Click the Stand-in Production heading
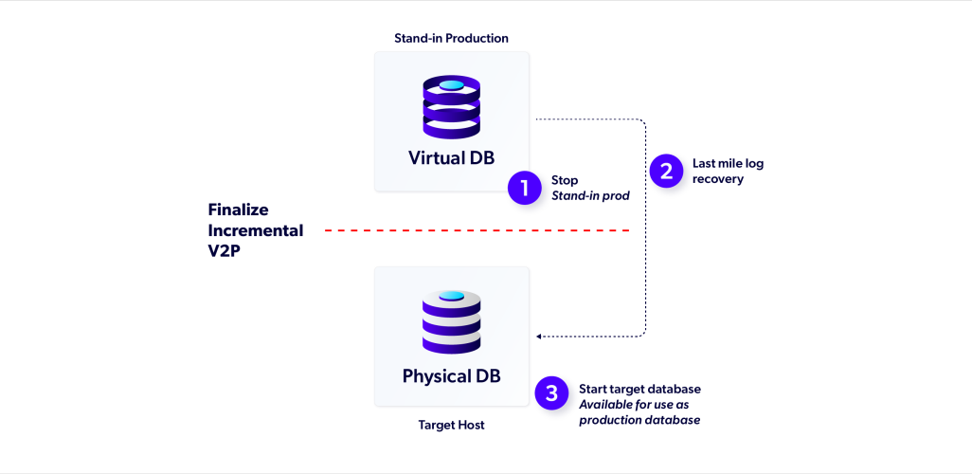[451, 38]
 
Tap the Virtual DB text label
[451, 157]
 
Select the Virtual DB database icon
[451, 107]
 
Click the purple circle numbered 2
[665, 172]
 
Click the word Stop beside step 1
[565, 180]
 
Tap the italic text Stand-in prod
[591, 196]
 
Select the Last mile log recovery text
[728, 171]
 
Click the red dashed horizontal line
[477, 230]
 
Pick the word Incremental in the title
[256, 230]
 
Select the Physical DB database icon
[451, 322]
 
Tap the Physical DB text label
[451, 375]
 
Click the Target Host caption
[451, 426]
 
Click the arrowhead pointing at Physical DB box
[539, 336]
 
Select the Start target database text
[639, 389]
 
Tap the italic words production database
[639, 420]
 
